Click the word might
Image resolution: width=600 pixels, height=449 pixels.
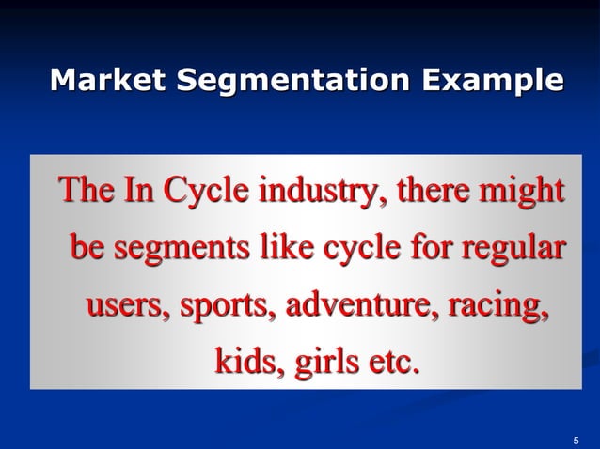point(523,193)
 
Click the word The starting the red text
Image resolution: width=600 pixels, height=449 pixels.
point(87,193)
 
